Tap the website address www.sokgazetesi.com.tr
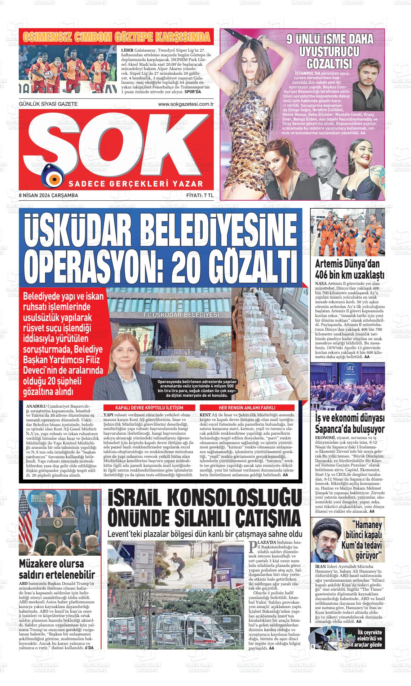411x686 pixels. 186,104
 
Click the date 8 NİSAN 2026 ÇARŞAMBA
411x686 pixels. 49,195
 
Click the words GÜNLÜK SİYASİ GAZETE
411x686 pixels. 48,104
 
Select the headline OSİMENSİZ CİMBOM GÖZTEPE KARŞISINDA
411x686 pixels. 116,37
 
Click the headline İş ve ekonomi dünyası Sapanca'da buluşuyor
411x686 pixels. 348,424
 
